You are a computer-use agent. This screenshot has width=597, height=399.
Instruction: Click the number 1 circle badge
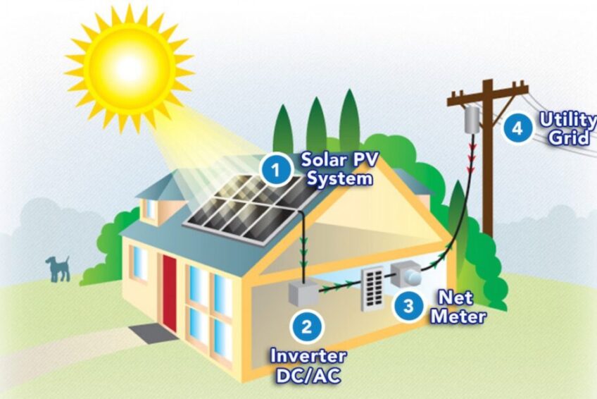coord(277,169)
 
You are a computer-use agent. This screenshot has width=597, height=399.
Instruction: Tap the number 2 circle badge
coord(306,327)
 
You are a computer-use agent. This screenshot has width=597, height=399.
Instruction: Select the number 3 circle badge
coord(408,306)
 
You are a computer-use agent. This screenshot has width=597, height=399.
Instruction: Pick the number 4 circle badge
coord(517,129)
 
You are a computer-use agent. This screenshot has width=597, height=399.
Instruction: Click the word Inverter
coord(308,356)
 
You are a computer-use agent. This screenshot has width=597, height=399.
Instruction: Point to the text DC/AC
coord(308,375)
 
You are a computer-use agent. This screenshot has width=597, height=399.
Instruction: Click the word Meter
coord(458,316)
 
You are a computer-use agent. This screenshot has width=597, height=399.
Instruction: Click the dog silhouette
coord(58,269)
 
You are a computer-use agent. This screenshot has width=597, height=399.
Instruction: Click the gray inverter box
coord(303,293)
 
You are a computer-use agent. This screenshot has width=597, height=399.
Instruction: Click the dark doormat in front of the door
coord(152,332)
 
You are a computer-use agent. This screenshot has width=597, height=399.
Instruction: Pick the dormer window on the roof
coord(151,209)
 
